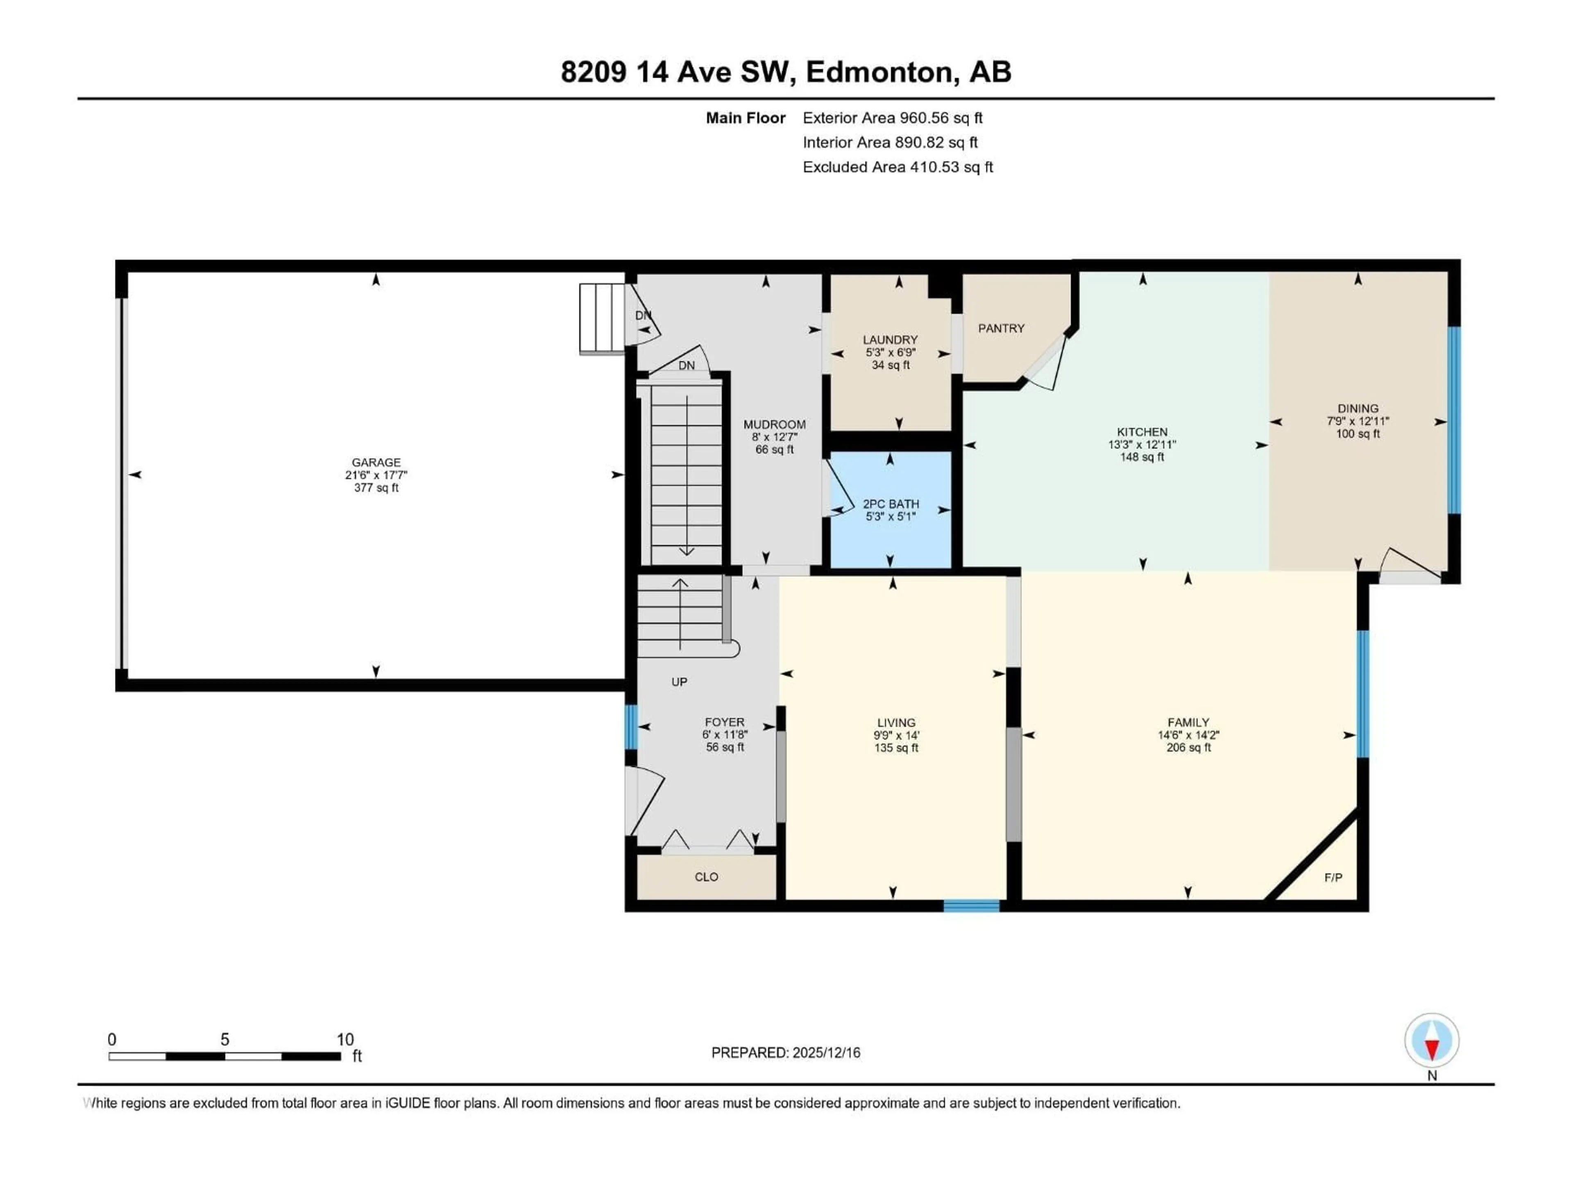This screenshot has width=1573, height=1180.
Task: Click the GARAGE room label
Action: tap(376, 462)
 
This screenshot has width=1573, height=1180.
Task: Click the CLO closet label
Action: tap(706, 877)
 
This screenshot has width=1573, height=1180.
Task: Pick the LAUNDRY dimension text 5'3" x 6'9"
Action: tap(890, 353)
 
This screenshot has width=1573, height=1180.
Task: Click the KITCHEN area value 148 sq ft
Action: tap(1142, 457)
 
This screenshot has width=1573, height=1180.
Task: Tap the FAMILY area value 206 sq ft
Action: tap(1188, 748)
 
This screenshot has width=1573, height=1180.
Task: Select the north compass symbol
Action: tap(1432, 1041)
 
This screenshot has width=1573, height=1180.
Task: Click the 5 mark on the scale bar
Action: tap(225, 1040)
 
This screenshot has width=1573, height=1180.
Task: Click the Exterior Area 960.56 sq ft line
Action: tap(893, 118)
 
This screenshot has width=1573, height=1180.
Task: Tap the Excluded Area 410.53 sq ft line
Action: tap(898, 167)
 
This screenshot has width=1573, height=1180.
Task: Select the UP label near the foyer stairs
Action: tap(679, 682)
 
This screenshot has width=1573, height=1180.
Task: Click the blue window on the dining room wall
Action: tap(1454, 420)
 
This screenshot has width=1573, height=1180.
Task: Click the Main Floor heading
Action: tap(745, 118)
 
